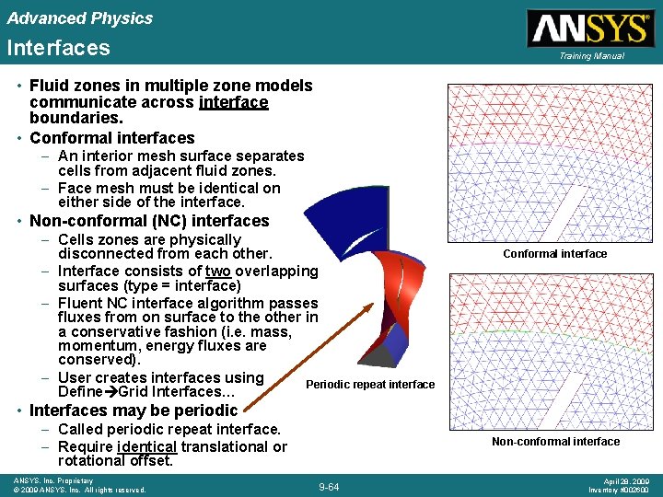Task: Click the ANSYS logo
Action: point(589,28)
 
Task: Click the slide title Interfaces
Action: point(58,48)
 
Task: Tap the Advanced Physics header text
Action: point(79,17)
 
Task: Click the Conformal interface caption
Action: point(555,254)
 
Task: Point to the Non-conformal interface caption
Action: point(555,442)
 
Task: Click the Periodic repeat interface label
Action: point(370,385)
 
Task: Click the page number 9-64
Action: point(328,487)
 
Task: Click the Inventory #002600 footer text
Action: point(619,490)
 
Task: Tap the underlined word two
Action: point(218,271)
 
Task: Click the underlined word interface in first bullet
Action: point(233,102)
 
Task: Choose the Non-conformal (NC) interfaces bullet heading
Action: point(149,221)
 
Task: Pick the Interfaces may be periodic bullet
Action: point(134,410)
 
